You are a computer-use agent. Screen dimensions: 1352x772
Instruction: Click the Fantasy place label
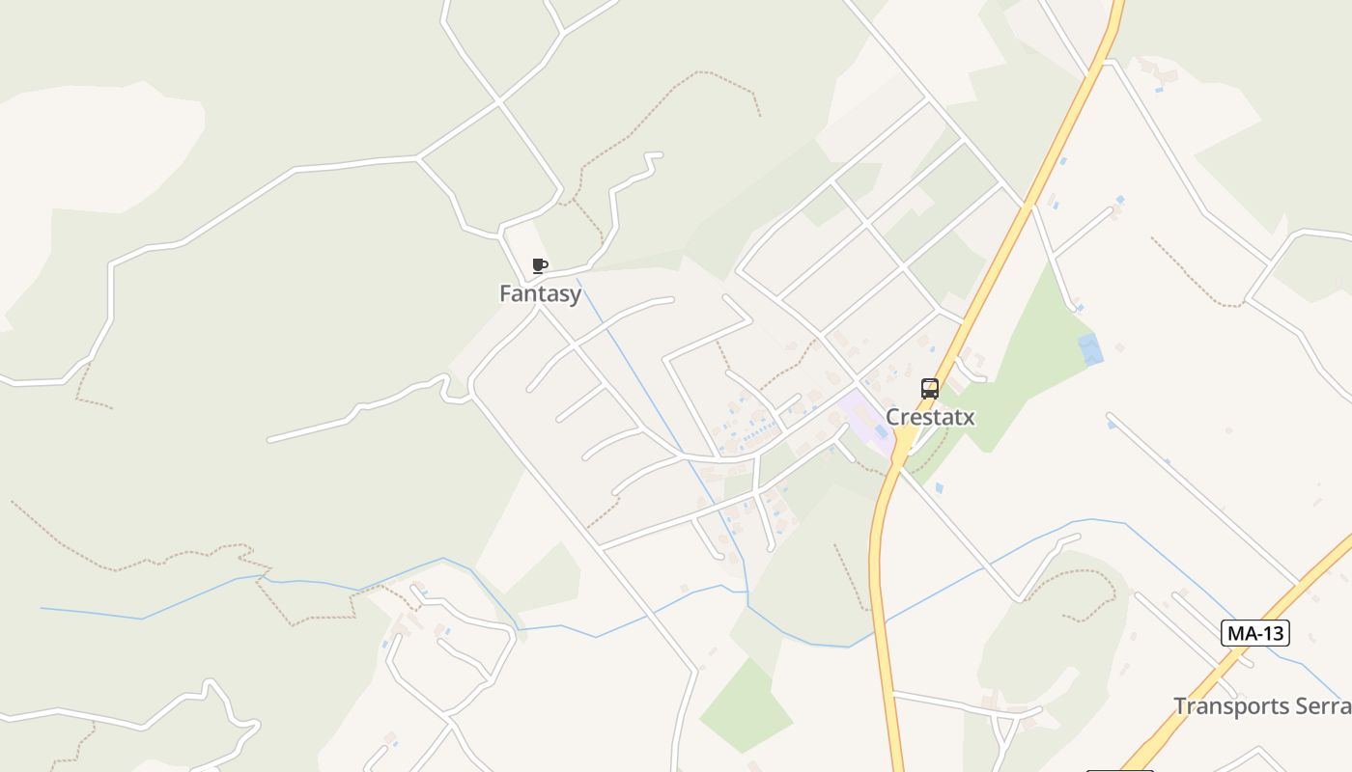point(540,293)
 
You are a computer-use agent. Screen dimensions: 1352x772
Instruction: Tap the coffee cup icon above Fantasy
point(540,265)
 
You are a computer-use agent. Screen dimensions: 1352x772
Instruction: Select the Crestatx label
point(930,417)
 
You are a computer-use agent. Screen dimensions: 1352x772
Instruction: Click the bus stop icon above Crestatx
point(930,389)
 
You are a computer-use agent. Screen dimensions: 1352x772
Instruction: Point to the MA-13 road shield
point(1255,633)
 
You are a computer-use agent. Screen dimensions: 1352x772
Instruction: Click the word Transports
point(1227,706)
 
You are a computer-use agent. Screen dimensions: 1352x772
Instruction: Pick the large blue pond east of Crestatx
point(1090,348)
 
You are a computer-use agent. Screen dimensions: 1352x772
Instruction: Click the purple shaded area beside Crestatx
point(862,415)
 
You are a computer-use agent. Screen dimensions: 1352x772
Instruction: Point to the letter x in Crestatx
point(968,418)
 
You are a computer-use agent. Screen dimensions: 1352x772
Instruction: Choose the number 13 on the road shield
point(1272,633)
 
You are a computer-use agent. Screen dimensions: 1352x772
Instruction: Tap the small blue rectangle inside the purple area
point(881,431)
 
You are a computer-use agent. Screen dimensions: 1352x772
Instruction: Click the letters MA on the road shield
point(1241,633)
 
